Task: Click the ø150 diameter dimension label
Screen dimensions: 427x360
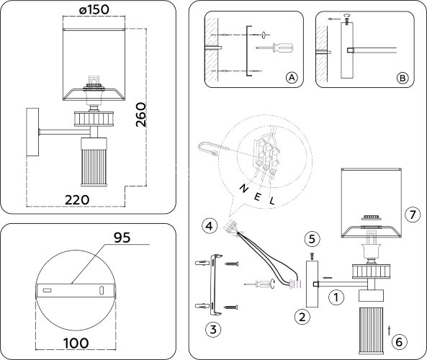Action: click(94, 9)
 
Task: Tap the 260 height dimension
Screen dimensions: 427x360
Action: click(141, 114)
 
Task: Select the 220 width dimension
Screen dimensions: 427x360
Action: click(77, 200)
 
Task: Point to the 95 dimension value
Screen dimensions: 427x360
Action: click(122, 238)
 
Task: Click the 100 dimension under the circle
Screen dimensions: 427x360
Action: click(76, 343)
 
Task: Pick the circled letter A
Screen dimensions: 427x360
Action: click(292, 78)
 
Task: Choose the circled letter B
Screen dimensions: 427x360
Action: click(403, 78)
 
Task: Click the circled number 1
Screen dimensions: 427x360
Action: click(336, 297)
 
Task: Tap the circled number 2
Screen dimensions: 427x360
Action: click(302, 317)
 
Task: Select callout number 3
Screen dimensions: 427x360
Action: click(213, 329)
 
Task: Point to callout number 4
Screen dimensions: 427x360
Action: click(210, 226)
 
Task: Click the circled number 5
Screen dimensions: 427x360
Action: click(312, 238)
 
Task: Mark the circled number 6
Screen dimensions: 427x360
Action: click(399, 342)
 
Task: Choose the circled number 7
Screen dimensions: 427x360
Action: click(413, 215)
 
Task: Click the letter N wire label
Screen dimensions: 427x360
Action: click(243, 188)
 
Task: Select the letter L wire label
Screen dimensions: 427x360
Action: click(272, 202)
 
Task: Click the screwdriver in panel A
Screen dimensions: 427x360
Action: click(275, 48)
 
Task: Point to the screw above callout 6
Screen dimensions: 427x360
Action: click(390, 330)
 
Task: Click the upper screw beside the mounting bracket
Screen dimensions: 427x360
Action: click(231, 264)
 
